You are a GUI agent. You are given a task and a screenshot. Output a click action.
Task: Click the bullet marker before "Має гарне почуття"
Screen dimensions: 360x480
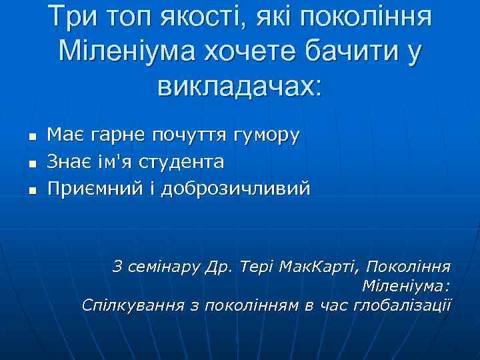(31, 136)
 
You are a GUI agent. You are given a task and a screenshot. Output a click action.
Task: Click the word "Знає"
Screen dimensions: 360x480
(69, 162)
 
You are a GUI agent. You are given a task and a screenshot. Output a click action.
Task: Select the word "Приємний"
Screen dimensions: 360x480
(90, 189)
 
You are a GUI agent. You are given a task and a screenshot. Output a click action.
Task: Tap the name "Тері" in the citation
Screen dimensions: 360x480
(259, 267)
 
